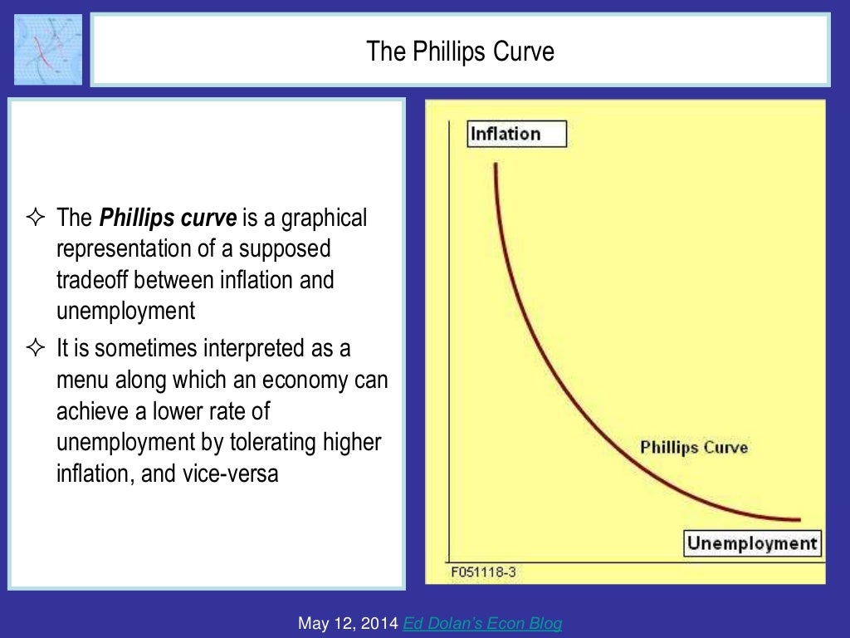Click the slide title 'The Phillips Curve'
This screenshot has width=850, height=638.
coord(460,52)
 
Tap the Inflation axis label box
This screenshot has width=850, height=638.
coord(516,134)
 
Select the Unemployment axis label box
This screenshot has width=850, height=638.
coord(752,543)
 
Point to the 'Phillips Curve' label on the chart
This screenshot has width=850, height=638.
coord(694,448)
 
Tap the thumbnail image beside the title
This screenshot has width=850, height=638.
coord(48,50)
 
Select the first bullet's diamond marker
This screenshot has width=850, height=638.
coord(34,219)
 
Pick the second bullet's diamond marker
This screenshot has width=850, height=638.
coord(34,349)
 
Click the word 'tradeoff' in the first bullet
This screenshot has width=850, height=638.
coord(95,280)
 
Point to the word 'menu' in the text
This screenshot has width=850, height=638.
coord(79,380)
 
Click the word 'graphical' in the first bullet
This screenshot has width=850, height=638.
coord(325,218)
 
